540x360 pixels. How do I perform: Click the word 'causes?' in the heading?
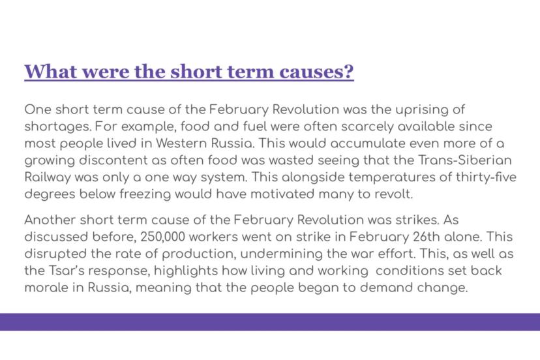(316, 71)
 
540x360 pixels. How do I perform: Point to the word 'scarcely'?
(367, 127)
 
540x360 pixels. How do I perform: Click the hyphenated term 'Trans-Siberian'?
(465, 160)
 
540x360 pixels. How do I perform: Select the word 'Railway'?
(48, 178)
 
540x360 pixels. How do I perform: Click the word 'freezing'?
(145, 194)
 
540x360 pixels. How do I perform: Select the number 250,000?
(163, 237)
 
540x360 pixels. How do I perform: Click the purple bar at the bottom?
(270, 322)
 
